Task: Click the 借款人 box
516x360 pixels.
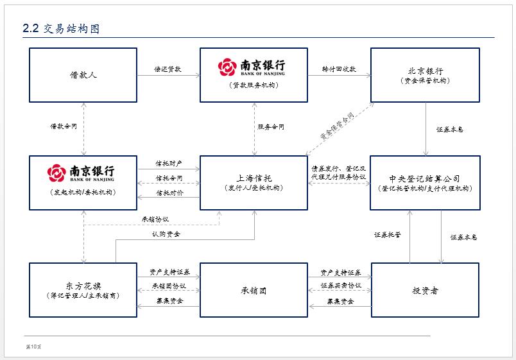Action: tap(83, 75)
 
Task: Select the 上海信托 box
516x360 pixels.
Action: tap(254, 183)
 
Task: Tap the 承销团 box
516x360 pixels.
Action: tap(254, 290)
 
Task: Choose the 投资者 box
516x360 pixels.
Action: tap(425, 290)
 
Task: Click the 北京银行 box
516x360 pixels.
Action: tap(425, 75)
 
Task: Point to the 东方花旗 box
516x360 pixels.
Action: tap(83, 290)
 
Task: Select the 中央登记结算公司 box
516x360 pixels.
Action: tap(425, 183)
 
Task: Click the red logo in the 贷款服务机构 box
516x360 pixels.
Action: tap(228, 67)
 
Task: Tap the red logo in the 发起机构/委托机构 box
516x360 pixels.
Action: tap(57, 173)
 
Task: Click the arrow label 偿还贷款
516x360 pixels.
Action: tap(168, 69)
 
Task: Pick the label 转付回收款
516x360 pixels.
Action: tap(339, 69)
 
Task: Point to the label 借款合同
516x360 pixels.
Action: tap(64, 127)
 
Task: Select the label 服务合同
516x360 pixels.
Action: tap(271, 127)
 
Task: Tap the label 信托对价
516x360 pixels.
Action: tap(169, 193)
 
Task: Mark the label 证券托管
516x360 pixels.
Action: tap(388, 235)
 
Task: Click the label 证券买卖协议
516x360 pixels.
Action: tap(340, 286)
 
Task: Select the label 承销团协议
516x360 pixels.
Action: tap(169, 286)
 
